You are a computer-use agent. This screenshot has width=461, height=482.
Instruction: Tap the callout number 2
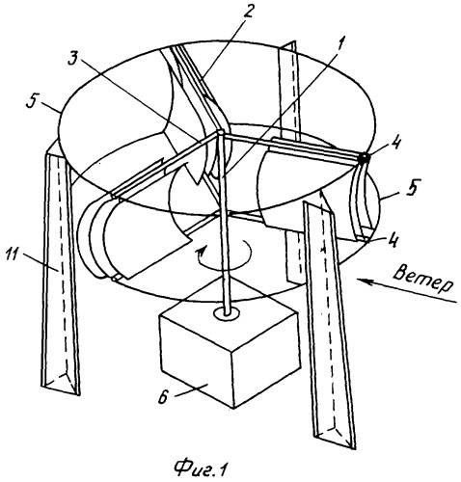pyautogui.click(x=248, y=12)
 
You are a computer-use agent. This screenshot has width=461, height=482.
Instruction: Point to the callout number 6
pyautogui.click(x=163, y=397)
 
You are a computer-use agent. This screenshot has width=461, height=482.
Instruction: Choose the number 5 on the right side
pyautogui.click(x=411, y=186)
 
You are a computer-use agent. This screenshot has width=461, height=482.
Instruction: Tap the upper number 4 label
pyautogui.click(x=395, y=143)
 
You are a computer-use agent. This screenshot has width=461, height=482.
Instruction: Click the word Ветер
pyautogui.click(x=423, y=281)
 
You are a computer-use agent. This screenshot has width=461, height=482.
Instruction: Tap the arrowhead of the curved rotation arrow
pyautogui.click(x=202, y=251)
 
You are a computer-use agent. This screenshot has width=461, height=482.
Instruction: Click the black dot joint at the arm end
pyautogui.click(x=365, y=158)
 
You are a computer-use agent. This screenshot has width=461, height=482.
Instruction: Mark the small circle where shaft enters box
pyautogui.click(x=227, y=311)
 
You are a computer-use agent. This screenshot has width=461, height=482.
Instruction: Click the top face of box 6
pyautogui.click(x=230, y=316)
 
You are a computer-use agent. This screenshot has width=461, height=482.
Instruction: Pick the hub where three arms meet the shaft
pyautogui.click(x=221, y=132)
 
